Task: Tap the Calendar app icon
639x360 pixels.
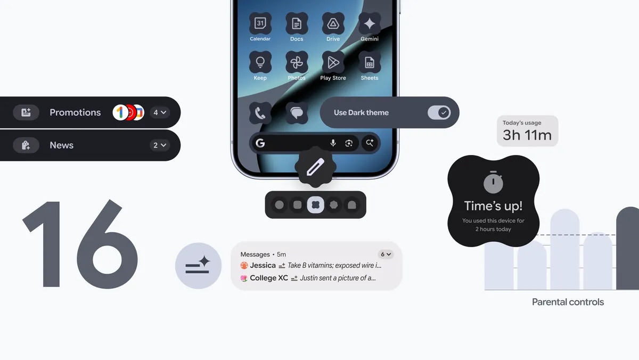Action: (260, 23)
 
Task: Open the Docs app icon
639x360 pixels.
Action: (297, 23)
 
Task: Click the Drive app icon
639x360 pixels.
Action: (333, 23)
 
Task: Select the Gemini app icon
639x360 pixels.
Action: (370, 23)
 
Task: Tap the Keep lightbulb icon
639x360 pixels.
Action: (260, 62)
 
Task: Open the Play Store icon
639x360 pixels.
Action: (333, 62)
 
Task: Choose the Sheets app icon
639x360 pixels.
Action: (370, 62)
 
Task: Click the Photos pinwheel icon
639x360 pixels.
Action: (297, 62)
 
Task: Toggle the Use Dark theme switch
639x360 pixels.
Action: (439, 112)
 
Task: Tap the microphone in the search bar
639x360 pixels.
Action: (333, 143)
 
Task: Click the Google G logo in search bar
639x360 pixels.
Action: (260, 143)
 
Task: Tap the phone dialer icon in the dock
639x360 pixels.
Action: (260, 113)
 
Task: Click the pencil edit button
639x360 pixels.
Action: (315, 168)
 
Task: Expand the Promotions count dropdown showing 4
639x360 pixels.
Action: (160, 112)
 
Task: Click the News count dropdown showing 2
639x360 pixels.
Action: (160, 145)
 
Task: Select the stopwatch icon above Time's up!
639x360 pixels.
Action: (493, 183)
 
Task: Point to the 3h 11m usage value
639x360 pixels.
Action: (527, 135)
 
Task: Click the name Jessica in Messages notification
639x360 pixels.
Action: (263, 265)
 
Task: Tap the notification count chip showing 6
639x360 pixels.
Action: (386, 255)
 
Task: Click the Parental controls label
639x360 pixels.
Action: (568, 302)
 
